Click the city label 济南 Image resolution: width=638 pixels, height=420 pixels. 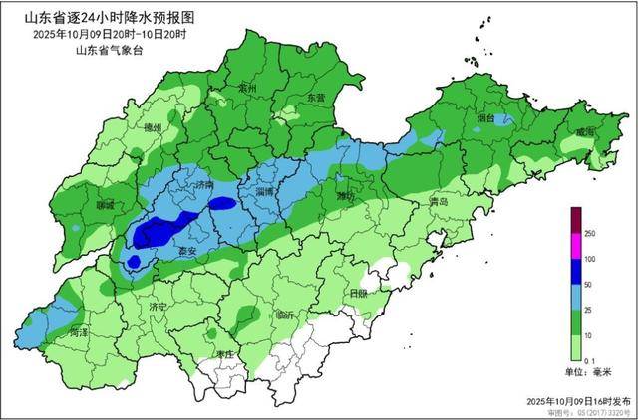tap(205, 185)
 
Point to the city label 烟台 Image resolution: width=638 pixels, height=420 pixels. tap(485, 118)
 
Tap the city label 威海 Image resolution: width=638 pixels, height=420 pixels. tap(584, 131)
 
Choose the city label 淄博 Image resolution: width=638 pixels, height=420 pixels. tap(265, 190)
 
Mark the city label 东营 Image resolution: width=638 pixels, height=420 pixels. tap(316, 98)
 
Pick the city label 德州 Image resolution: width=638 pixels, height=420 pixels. tap(152, 128)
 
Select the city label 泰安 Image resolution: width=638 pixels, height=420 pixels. tap(185, 253)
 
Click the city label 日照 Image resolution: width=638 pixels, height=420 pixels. tap(358, 293)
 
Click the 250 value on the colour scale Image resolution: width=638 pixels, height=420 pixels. tap(590, 233)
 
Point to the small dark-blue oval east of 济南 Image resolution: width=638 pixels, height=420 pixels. tap(223, 203)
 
